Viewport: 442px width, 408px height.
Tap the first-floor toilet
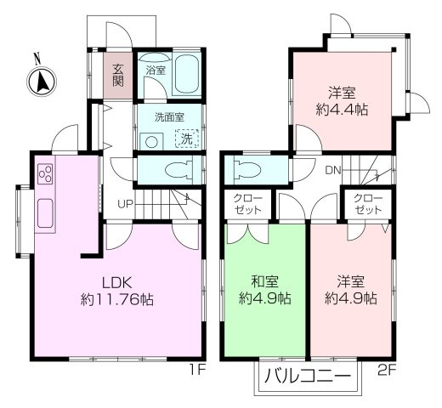(178, 168)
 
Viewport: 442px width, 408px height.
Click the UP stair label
(125, 204)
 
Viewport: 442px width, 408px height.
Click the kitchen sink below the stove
(44, 214)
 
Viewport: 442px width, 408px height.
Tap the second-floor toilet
(247, 168)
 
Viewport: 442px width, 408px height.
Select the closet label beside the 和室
(248, 204)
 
